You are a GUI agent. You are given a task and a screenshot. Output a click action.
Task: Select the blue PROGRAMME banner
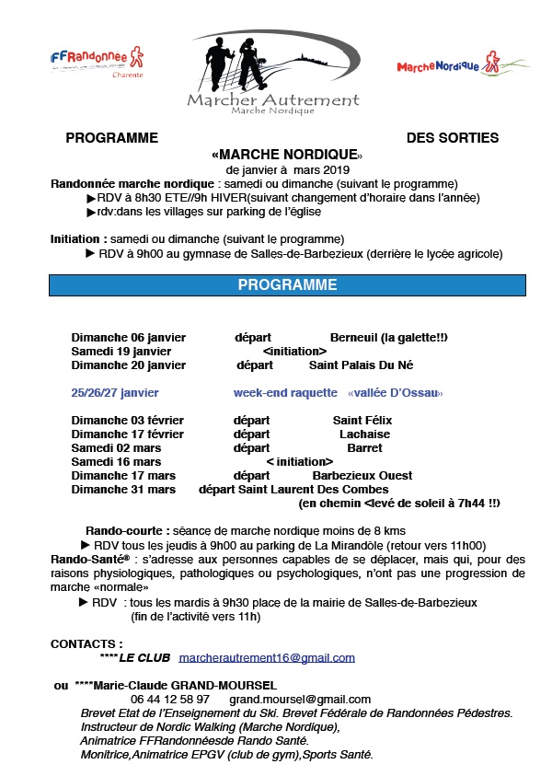(x=287, y=285)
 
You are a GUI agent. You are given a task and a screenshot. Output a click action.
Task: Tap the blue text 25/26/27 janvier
(x=114, y=393)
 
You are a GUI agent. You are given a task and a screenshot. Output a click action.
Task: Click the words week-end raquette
(x=285, y=393)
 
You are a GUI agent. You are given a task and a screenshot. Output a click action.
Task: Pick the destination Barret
(x=364, y=448)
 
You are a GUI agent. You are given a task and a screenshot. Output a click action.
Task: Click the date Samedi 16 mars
(x=116, y=462)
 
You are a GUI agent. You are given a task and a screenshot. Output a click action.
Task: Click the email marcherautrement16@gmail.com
(x=267, y=658)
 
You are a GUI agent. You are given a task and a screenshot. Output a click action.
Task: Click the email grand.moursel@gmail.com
(x=300, y=700)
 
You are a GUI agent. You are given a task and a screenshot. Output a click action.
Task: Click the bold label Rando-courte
(x=126, y=530)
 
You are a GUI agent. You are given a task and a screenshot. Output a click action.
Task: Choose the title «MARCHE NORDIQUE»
(x=287, y=154)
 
